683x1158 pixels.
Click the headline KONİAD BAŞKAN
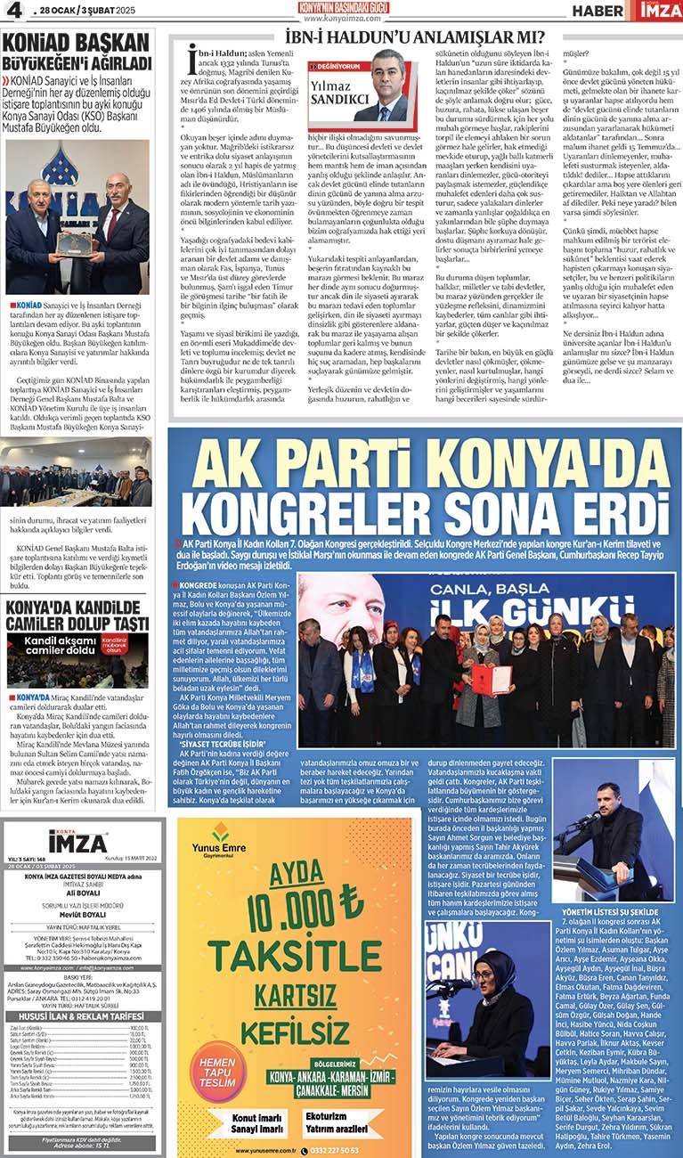pyautogui.click(x=76, y=44)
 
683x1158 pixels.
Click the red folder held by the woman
pyautogui.click(x=491, y=680)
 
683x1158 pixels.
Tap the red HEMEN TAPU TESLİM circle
pyautogui.click(x=217, y=1072)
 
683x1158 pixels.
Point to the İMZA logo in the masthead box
pyautogui.click(x=78, y=840)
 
